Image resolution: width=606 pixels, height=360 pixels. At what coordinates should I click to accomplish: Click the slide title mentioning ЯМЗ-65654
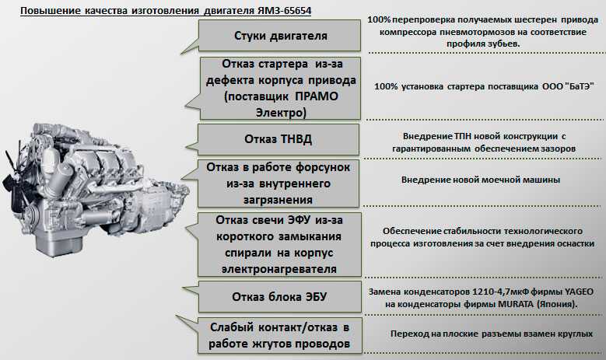[x=166, y=10]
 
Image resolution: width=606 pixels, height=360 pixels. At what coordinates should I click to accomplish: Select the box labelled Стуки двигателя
[x=280, y=36]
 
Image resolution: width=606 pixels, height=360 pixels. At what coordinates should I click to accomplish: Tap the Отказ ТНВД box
[x=278, y=139]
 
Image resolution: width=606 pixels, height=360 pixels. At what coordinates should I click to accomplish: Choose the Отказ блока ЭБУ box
[x=280, y=297]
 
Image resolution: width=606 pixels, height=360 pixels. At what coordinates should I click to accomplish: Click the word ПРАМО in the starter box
[x=317, y=96]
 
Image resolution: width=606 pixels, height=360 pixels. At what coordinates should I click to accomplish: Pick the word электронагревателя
[x=279, y=269]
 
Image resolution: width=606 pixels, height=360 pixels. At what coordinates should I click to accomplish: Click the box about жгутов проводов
[x=280, y=335]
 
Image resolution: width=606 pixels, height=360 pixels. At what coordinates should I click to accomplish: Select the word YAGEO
[x=579, y=292]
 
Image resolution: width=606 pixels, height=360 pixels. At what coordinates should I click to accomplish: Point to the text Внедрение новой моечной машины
[x=481, y=180]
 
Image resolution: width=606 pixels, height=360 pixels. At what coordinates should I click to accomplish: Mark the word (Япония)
[x=557, y=304]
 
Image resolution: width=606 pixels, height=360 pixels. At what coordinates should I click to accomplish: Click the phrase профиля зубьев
[x=483, y=44]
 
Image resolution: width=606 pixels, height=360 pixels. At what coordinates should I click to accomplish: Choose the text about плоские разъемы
[x=491, y=334]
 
